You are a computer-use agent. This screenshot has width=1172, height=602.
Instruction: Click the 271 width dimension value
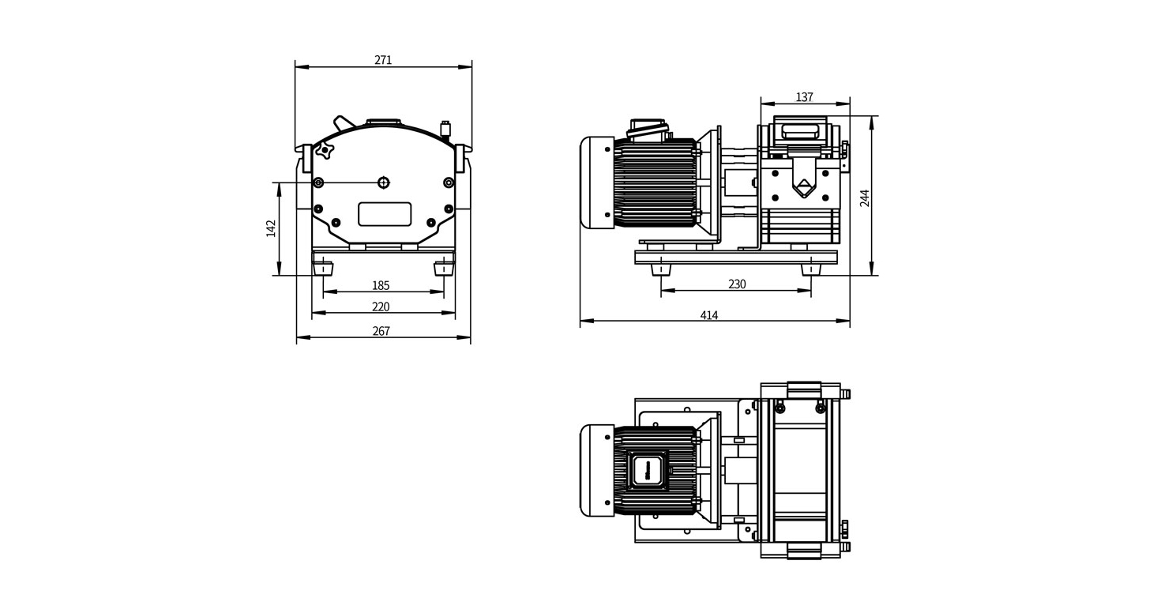[383, 60]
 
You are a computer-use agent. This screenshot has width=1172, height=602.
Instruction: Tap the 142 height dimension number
[271, 228]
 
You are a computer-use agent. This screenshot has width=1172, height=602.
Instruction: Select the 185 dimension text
[381, 285]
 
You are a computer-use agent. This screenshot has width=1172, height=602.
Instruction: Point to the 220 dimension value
[381, 307]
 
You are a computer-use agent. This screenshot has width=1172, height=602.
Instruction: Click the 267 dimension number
[381, 331]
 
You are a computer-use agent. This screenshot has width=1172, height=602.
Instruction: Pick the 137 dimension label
[804, 97]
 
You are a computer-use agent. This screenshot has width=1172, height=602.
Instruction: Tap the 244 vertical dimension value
[865, 198]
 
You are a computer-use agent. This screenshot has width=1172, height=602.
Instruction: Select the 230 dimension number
[736, 284]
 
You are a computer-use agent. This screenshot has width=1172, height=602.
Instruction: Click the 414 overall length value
[709, 315]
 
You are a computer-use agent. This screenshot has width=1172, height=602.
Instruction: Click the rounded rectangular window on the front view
[385, 214]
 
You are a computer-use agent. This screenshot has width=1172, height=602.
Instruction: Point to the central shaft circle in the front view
[384, 182]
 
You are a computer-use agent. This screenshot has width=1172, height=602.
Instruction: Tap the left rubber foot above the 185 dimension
[324, 269]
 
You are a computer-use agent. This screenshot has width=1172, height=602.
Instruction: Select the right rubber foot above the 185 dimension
[444, 269]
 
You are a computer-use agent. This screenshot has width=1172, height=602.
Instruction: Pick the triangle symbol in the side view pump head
[804, 188]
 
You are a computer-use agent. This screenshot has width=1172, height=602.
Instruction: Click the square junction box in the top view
[648, 471]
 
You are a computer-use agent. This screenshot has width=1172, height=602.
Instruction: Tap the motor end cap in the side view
[596, 183]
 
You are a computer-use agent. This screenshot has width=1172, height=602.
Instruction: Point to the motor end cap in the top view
[596, 471]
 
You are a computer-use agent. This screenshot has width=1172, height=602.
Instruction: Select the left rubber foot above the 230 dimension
[662, 269]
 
